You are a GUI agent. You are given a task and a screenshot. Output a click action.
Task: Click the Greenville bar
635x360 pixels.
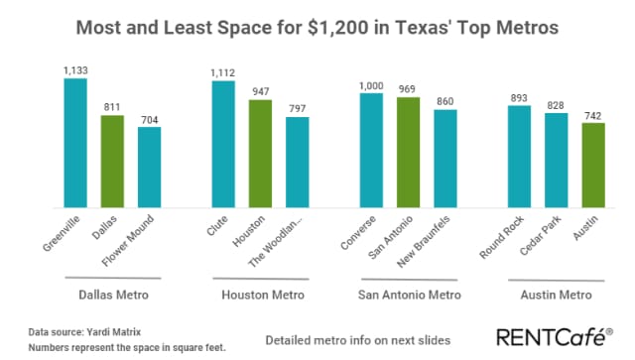[x=75, y=142]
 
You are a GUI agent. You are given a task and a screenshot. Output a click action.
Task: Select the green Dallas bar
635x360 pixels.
[x=112, y=161]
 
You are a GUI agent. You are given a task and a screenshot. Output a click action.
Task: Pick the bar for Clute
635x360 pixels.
[x=223, y=143]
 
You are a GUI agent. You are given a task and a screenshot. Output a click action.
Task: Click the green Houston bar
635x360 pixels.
[x=260, y=153]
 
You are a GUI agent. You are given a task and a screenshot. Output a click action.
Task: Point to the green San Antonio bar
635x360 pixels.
[x=408, y=152]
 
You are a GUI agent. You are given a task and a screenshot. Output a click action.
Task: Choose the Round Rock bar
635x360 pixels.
[x=519, y=156]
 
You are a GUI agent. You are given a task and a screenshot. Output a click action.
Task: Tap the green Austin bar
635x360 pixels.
[x=592, y=165]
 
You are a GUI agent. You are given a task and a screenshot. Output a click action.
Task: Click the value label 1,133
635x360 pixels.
[x=75, y=69]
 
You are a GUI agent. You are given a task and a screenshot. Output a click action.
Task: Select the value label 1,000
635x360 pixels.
[x=371, y=85]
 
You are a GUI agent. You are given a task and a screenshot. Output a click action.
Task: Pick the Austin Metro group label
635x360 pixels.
[x=556, y=295]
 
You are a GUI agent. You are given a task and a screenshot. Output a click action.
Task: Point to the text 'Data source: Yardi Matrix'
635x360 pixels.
[x=71, y=333]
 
